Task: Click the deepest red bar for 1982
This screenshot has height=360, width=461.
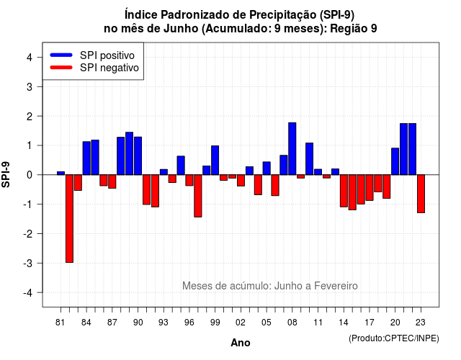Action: click(x=69, y=219)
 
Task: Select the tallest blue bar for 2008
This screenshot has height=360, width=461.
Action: click(x=292, y=149)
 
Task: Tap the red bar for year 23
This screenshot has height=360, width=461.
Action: click(x=421, y=194)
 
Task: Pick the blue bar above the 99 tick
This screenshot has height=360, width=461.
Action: click(x=215, y=160)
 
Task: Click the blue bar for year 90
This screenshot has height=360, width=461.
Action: click(x=138, y=156)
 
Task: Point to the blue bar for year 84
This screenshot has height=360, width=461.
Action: click(x=86, y=158)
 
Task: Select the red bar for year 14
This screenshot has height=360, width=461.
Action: click(x=344, y=191)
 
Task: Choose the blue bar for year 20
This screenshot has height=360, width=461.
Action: click(x=395, y=161)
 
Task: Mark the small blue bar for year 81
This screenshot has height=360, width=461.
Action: click(x=61, y=173)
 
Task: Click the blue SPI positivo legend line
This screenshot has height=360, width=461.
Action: click(x=61, y=55)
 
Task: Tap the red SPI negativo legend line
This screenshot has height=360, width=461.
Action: click(x=61, y=67)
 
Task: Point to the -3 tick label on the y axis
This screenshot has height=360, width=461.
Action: click(x=28, y=263)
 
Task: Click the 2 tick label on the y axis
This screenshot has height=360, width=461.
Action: click(x=30, y=117)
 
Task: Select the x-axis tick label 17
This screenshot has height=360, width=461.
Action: click(x=370, y=323)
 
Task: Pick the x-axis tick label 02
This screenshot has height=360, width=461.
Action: click(x=241, y=323)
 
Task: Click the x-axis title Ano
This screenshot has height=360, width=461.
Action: click(x=241, y=343)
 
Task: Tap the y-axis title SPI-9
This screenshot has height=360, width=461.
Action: click(x=6, y=174)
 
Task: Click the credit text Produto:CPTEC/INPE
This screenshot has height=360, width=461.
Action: click(x=394, y=338)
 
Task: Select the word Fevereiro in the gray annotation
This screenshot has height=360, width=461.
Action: click(x=336, y=286)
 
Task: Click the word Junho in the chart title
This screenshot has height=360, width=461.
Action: click(x=181, y=29)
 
